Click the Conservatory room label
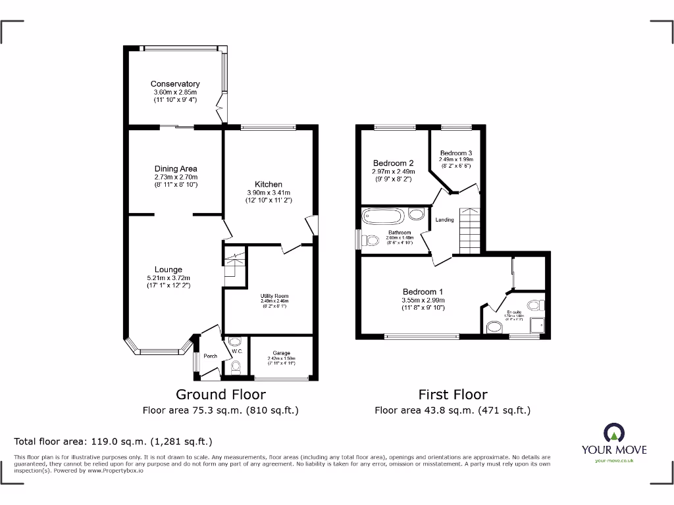pos(175,84)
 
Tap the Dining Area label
pos(176,169)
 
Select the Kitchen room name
pos(269,185)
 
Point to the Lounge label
pos(168,270)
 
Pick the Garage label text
pos(281,353)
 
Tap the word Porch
pos(210,356)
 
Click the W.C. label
pos(237,351)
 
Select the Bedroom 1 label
pos(423,292)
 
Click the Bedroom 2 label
pos(393,164)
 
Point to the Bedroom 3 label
pos(457,153)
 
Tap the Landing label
pos(445,220)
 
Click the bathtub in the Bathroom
pos(384,216)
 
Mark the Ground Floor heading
pos(220,395)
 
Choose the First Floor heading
pos(453,395)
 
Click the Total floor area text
pos(113,442)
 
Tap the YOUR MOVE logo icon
pos(613,433)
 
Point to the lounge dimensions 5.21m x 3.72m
pos(168,278)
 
